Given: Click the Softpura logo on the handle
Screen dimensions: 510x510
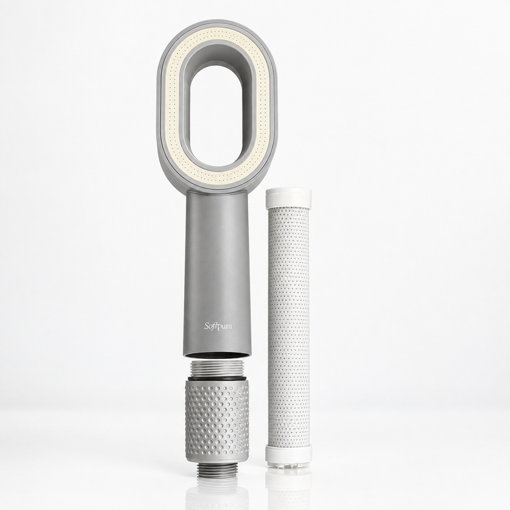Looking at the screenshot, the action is tap(218, 326).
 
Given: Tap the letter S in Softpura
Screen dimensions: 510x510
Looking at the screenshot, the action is tap(207, 326).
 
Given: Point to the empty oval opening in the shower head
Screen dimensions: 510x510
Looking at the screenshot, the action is tap(217, 116).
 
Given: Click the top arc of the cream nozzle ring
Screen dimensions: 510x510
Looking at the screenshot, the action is tap(217, 35).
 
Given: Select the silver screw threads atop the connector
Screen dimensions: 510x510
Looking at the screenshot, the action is tap(217, 369).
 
